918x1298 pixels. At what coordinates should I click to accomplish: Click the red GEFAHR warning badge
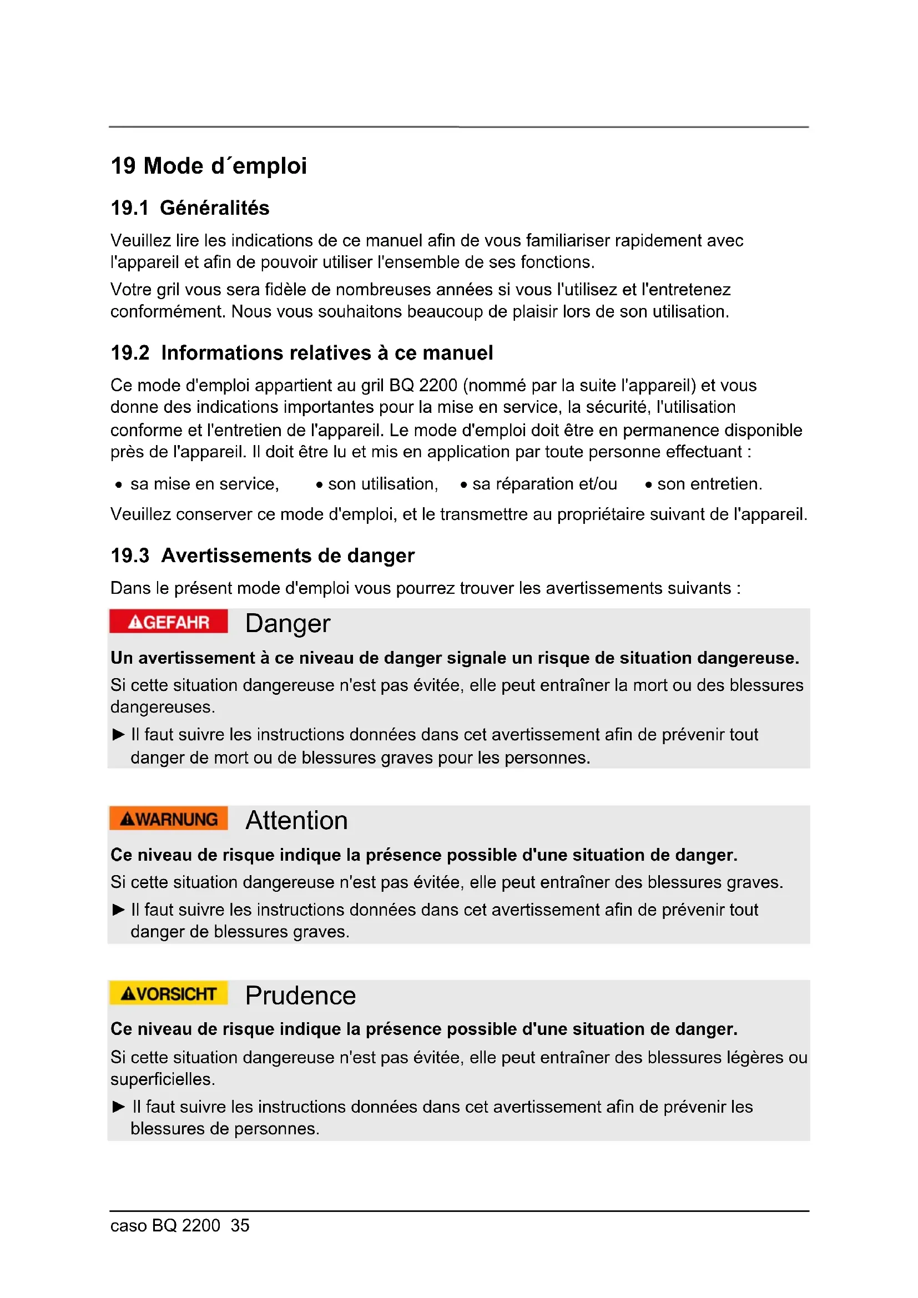169,622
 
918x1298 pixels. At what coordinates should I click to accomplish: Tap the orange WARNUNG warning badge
169,819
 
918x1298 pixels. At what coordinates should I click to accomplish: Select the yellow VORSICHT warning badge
169,993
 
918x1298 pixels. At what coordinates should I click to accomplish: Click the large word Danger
287,624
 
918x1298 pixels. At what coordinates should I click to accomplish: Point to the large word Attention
296,820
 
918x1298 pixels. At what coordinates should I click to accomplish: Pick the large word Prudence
300,996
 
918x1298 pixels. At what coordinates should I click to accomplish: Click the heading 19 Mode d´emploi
209,165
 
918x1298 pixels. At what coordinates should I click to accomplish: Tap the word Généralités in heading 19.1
214,208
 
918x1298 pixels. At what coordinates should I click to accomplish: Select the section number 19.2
130,353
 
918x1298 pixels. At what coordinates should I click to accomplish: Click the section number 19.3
130,555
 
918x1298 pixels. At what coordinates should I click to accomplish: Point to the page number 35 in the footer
240,1225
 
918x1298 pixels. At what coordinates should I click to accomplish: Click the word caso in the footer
128,1225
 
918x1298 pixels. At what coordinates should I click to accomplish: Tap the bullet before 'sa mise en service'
118,485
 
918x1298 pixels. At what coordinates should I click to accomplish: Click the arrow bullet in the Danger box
118,734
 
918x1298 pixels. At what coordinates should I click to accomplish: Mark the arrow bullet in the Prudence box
118,1107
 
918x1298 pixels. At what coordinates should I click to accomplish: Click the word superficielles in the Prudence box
162,1079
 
